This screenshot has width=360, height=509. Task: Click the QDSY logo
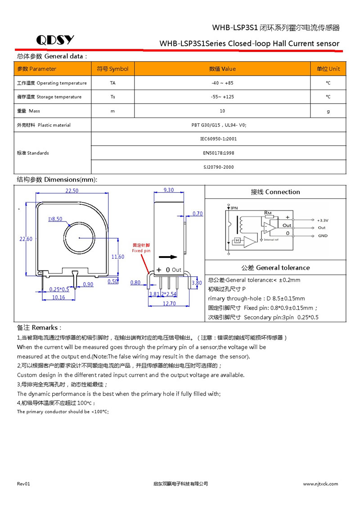[x=55, y=40]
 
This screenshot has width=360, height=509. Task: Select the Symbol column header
[x=112, y=69]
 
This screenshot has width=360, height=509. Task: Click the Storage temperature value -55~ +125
[x=222, y=97]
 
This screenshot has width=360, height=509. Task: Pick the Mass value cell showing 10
[x=222, y=111]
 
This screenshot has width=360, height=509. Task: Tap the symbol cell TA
[x=112, y=83]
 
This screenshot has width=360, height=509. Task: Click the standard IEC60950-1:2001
[x=218, y=139]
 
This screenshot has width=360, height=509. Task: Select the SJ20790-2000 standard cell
[x=218, y=167]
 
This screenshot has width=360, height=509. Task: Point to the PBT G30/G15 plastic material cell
[x=219, y=125]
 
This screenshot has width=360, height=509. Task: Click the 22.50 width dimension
[x=72, y=191]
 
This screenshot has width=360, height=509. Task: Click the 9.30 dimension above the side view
[x=169, y=190]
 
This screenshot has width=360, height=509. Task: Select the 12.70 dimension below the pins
[x=169, y=303]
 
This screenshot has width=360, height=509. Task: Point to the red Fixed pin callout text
[x=141, y=248]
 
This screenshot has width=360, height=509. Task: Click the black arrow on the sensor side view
[x=168, y=257]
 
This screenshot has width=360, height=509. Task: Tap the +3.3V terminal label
[x=323, y=221]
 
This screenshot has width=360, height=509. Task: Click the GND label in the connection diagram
[x=323, y=236]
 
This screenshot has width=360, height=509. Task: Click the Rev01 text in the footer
[x=23, y=484]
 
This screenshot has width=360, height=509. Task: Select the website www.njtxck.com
[x=320, y=484]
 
